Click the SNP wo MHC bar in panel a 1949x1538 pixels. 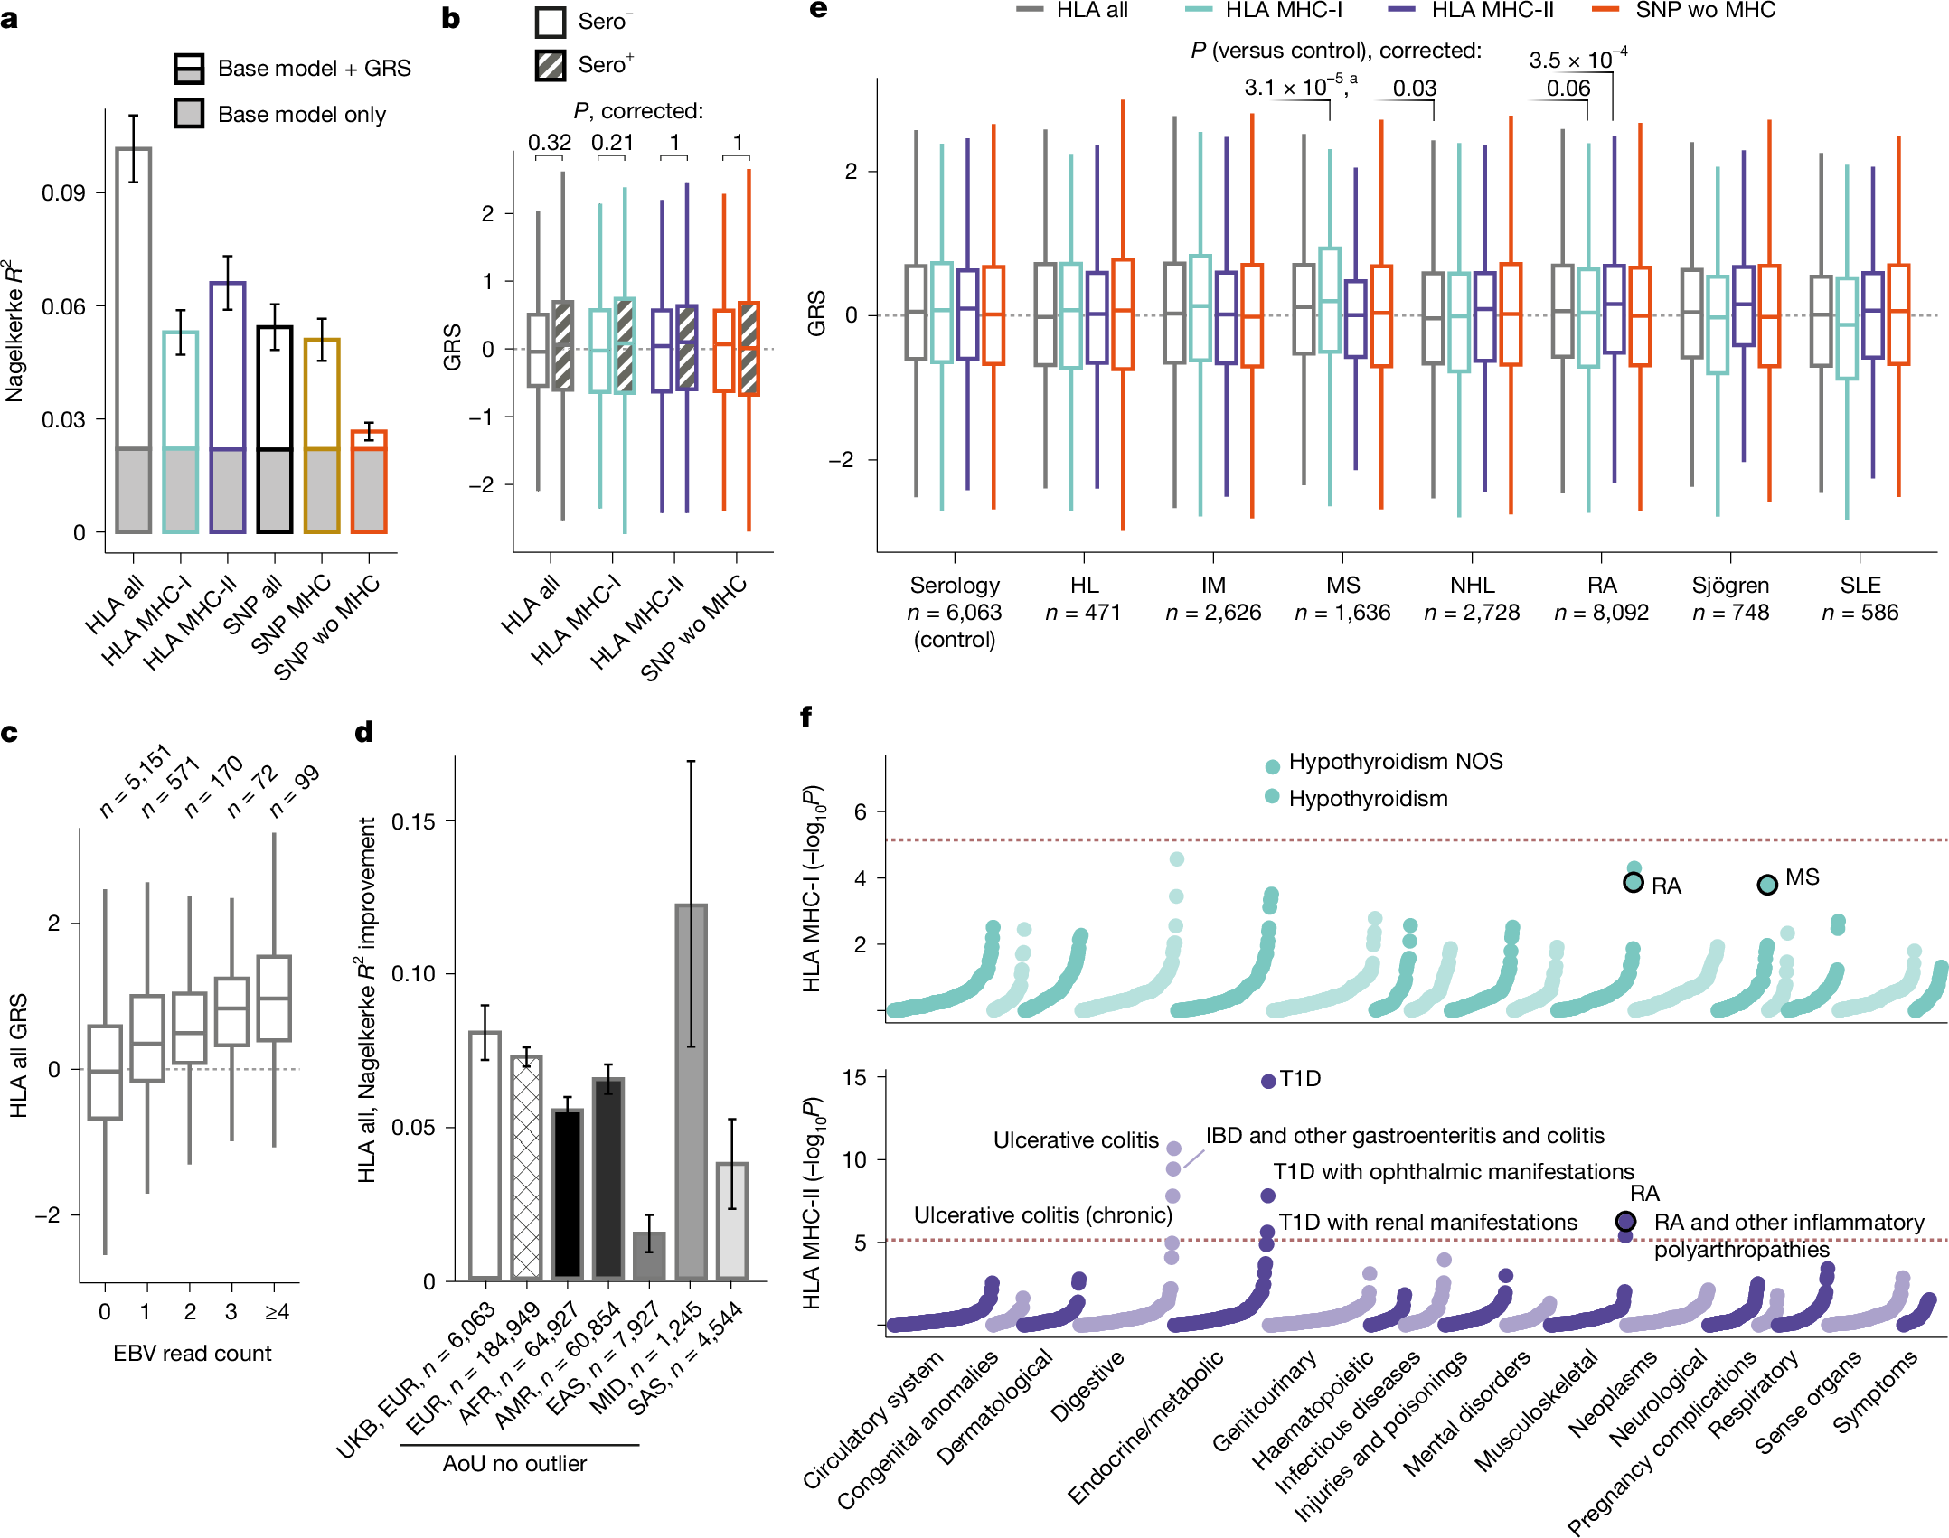(x=369, y=482)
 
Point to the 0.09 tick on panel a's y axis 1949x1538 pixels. (x=62, y=193)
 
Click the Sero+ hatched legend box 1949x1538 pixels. (x=550, y=66)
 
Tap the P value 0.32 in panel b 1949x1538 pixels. (x=549, y=143)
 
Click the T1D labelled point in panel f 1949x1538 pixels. (x=1267, y=1081)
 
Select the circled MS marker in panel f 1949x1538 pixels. (x=1766, y=885)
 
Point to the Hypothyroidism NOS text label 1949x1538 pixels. (x=1395, y=762)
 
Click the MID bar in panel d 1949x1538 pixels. (x=691, y=1092)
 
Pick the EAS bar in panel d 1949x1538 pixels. (x=649, y=1256)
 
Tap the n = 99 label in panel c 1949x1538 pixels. (x=295, y=791)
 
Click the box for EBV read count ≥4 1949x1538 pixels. (x=274, y=999)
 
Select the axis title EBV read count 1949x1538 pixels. (x=192, y=1353)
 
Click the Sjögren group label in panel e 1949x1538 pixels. (x=1729, y=586)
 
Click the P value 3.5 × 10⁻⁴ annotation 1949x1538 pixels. (x=1577, y=61)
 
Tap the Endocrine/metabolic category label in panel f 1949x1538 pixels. (x=1146, y=1428)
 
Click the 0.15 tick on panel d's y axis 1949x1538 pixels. (x=412, y=821)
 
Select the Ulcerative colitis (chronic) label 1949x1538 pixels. (x=1042, y=1215)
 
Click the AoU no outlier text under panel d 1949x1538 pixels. (x=514, y=1463)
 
